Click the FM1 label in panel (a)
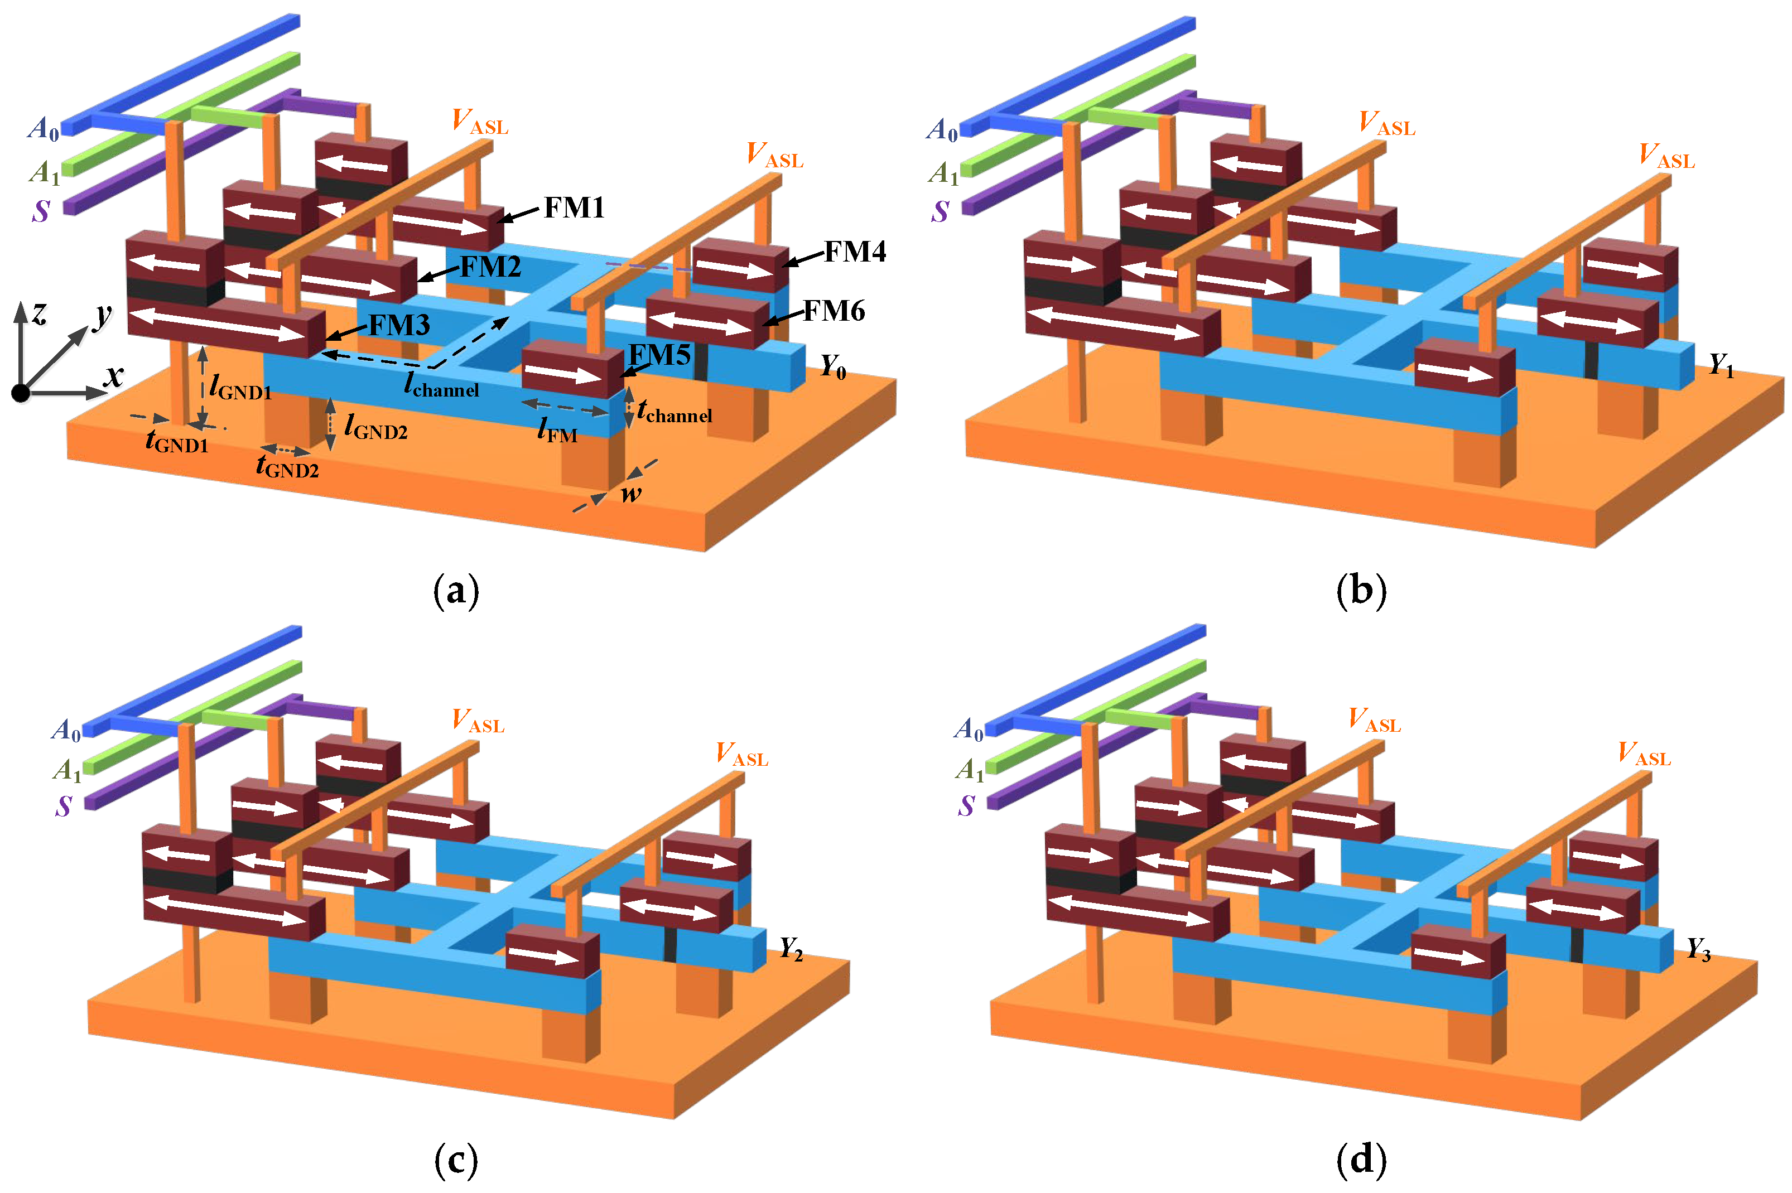point(574,207)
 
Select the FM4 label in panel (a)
point(855,252)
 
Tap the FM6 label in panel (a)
point(834,311)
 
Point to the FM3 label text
point(399,326)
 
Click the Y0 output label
point(833,368)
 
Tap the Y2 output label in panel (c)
point(791,949)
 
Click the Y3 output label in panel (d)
point(1698,949)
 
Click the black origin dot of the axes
point(21,393)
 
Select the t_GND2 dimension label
point(287,466)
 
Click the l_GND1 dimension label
point(240,388)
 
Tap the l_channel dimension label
point(441,386)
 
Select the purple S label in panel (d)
point(966,806)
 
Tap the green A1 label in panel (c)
point(67,771)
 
